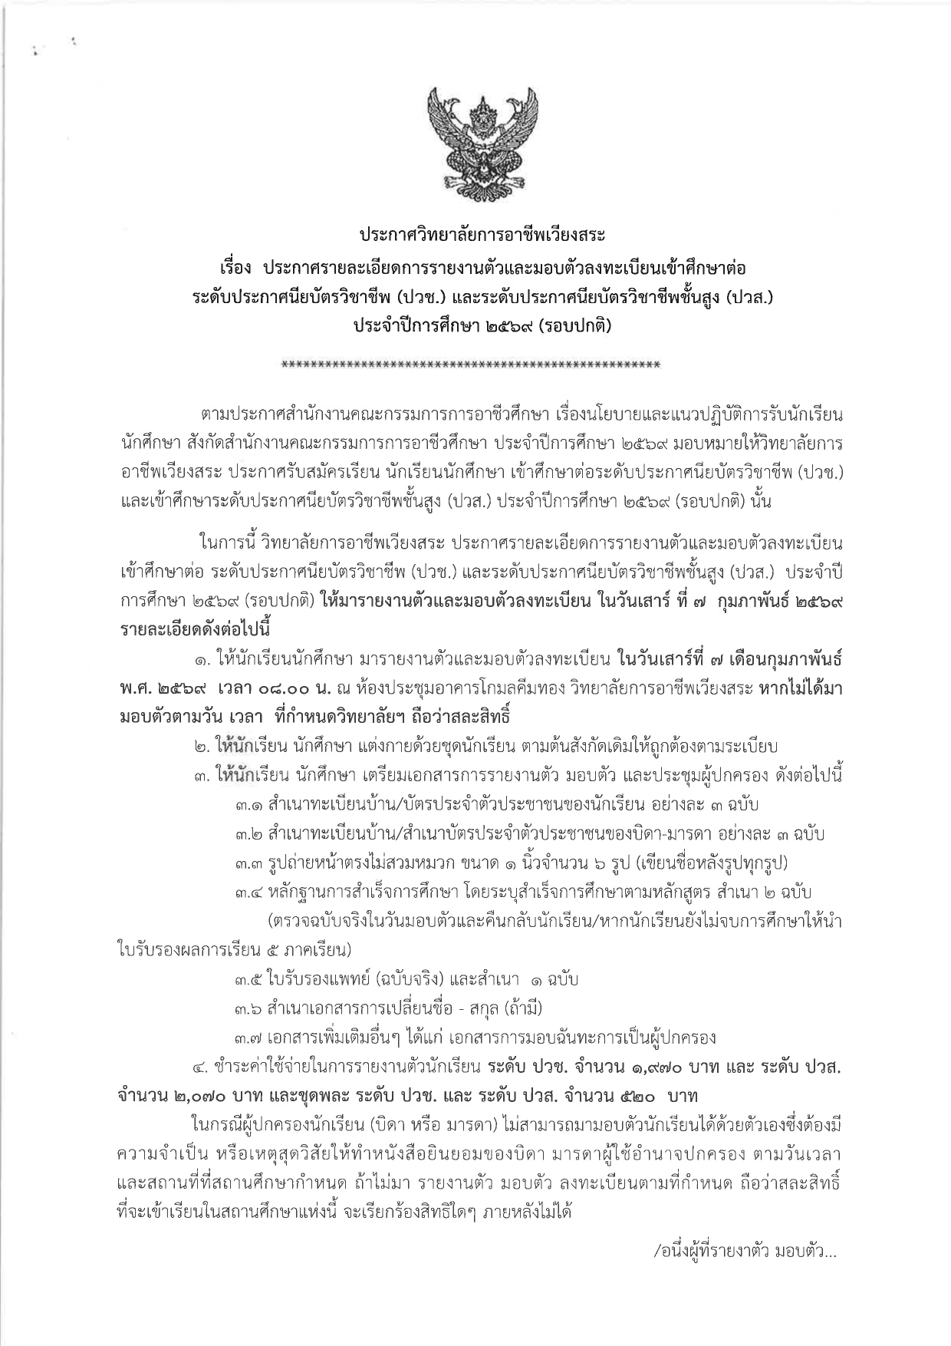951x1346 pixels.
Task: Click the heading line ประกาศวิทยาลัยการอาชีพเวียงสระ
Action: [475, 232]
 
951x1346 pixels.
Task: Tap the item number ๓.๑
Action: [249, 806]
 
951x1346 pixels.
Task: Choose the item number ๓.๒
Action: [249, 834]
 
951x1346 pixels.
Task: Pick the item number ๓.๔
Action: [249, 892]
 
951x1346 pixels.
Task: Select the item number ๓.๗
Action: [249, 1038]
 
